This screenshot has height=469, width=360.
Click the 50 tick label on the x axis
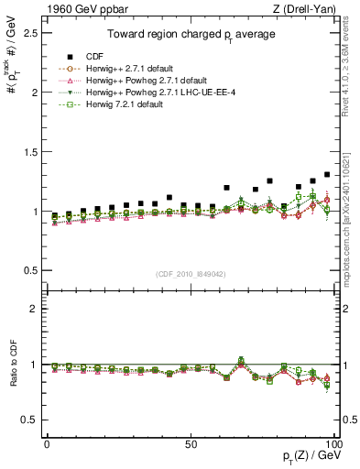191,443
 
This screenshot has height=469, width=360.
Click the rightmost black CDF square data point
327,174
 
